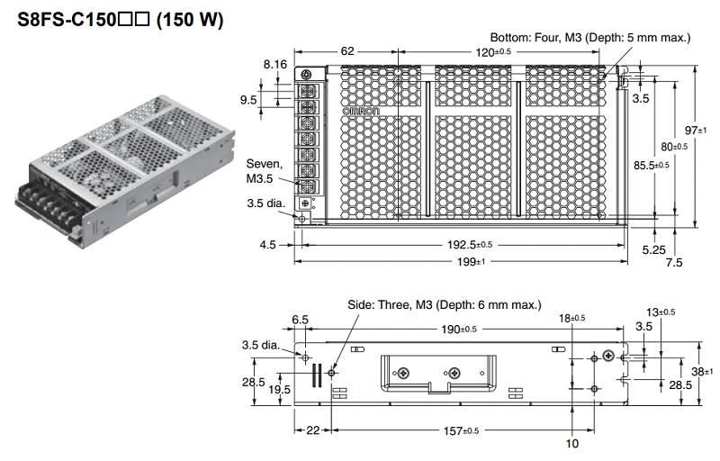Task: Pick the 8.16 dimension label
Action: [x=274, y=65]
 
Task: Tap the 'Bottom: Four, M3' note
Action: [x=590, y=37]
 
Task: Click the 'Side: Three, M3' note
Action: [x=445, y=304]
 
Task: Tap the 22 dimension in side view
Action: [x=312, y=431]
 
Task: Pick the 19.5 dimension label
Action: [x=280, y=389]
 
